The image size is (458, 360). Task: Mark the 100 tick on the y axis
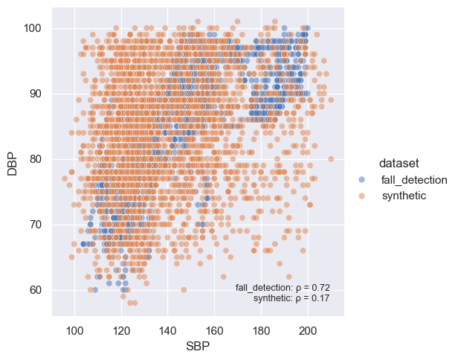[33, 28]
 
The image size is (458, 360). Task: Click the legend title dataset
[401, 162]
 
